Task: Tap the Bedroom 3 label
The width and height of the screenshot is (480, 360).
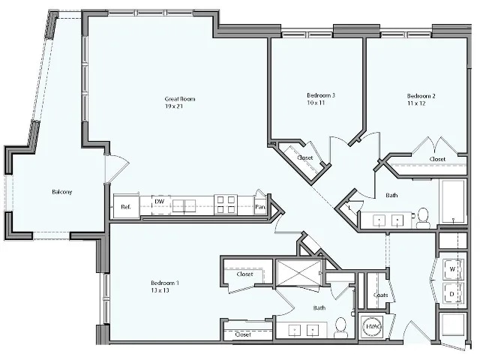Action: [x=320, y=99]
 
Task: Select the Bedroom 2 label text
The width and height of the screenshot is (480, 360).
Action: [x=421, y=100]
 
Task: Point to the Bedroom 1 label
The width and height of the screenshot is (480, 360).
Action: [x=165, y=286]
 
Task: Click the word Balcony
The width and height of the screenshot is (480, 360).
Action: [x=62, y=192]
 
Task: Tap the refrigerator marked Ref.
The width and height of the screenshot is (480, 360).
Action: [x=125, y=205]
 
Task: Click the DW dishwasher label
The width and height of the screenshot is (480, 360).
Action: [x=159, y=201]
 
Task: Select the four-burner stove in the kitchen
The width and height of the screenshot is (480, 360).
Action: [x=225, y=204]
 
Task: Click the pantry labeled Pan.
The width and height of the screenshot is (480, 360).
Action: [x=260, y=205]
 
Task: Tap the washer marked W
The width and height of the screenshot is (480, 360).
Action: [x=452, y=268]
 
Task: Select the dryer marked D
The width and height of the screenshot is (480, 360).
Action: [x=452, y=292]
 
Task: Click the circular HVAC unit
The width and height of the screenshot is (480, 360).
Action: [x=371, y=327]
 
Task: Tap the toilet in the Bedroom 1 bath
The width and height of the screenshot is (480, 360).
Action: [x=341, y=327]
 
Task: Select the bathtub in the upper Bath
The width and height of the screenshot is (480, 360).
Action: [x=452, y=202]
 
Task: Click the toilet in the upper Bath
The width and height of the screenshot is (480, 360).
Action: [x=423, y=217]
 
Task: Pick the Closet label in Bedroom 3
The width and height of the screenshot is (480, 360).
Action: [x=304, y=158]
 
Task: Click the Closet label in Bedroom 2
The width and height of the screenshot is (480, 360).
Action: [x=437, y=159]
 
